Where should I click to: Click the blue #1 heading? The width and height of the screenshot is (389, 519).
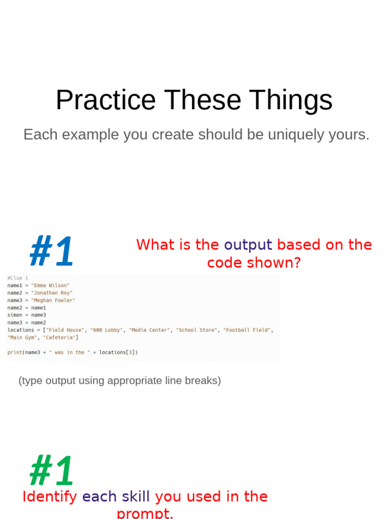(52, 251)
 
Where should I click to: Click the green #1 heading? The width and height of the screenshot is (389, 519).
(52, 471)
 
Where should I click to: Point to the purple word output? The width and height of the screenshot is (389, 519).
(248, 245)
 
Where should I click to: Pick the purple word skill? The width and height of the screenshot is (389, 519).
(135, 496)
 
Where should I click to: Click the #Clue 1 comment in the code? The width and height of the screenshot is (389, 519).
(18, 278)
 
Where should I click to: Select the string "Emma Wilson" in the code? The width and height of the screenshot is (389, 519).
(50, 285)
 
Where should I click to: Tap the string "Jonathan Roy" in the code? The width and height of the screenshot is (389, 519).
(52, 293)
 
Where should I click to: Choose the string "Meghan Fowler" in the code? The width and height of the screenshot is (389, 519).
(53, 300)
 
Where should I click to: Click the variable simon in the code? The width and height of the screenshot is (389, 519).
(15, 315)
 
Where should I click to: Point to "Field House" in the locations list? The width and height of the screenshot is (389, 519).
(65, 330)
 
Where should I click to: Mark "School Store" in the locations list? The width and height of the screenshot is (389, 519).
(197, 330)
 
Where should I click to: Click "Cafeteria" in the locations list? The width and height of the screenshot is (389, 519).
(59, 338)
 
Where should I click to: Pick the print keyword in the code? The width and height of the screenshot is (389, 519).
(14, 352)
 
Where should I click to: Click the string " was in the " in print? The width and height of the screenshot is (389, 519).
(69, 352)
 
